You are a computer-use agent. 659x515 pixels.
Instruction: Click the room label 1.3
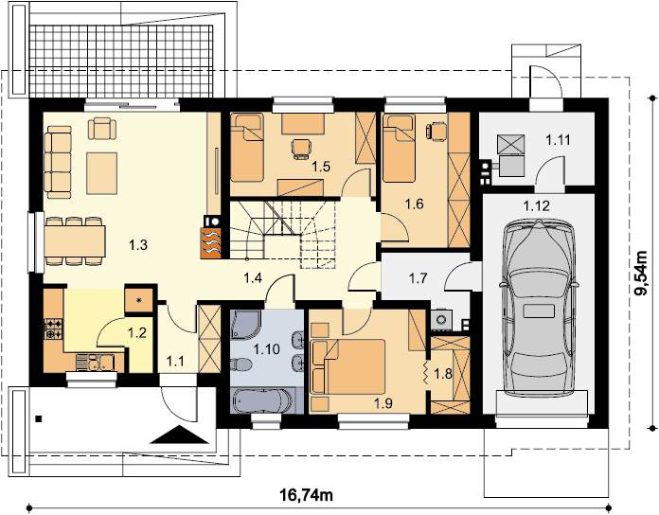(138, 244)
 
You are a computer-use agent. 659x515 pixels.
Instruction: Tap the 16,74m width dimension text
(307, 495)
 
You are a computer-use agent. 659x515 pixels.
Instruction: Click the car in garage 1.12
(539, 308)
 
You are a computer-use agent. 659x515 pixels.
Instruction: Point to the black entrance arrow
(180, 435)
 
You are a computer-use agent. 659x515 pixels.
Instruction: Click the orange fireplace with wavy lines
(211, 242)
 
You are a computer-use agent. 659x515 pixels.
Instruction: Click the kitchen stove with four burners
(53, 329)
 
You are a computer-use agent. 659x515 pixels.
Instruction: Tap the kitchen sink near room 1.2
(95, 363)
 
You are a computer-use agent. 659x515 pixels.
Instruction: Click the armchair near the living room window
(101, 128)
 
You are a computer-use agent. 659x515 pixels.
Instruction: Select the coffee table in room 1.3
(101, 173)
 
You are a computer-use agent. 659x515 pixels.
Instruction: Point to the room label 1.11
(558, 140)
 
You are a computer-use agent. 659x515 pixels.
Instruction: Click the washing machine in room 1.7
(442, 320)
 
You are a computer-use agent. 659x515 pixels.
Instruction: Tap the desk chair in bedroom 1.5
(301, 150)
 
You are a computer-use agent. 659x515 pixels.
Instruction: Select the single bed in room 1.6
(399, 149)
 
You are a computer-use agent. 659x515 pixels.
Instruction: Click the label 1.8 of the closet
(443, 373)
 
